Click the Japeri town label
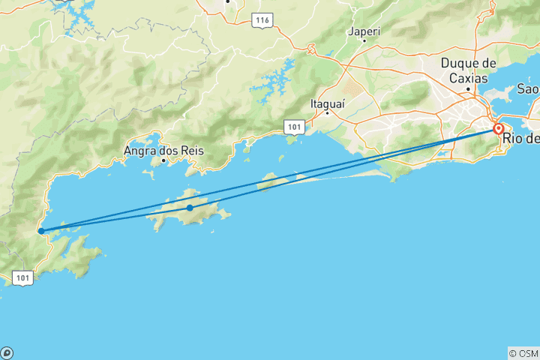point(364,31)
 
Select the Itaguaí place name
point(328,103)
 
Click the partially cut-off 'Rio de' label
point(521,138)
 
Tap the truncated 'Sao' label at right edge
point(528,89)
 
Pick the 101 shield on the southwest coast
point(23,277)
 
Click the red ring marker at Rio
point(498,129)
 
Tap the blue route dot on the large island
point(190,208)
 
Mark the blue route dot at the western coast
point(40,231)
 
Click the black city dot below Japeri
point(364,40)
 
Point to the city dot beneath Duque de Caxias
point(469,89)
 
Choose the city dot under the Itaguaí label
point(328,113)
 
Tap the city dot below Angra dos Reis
point(163,159)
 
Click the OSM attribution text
point(523,353)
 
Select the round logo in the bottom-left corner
point(7,353)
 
